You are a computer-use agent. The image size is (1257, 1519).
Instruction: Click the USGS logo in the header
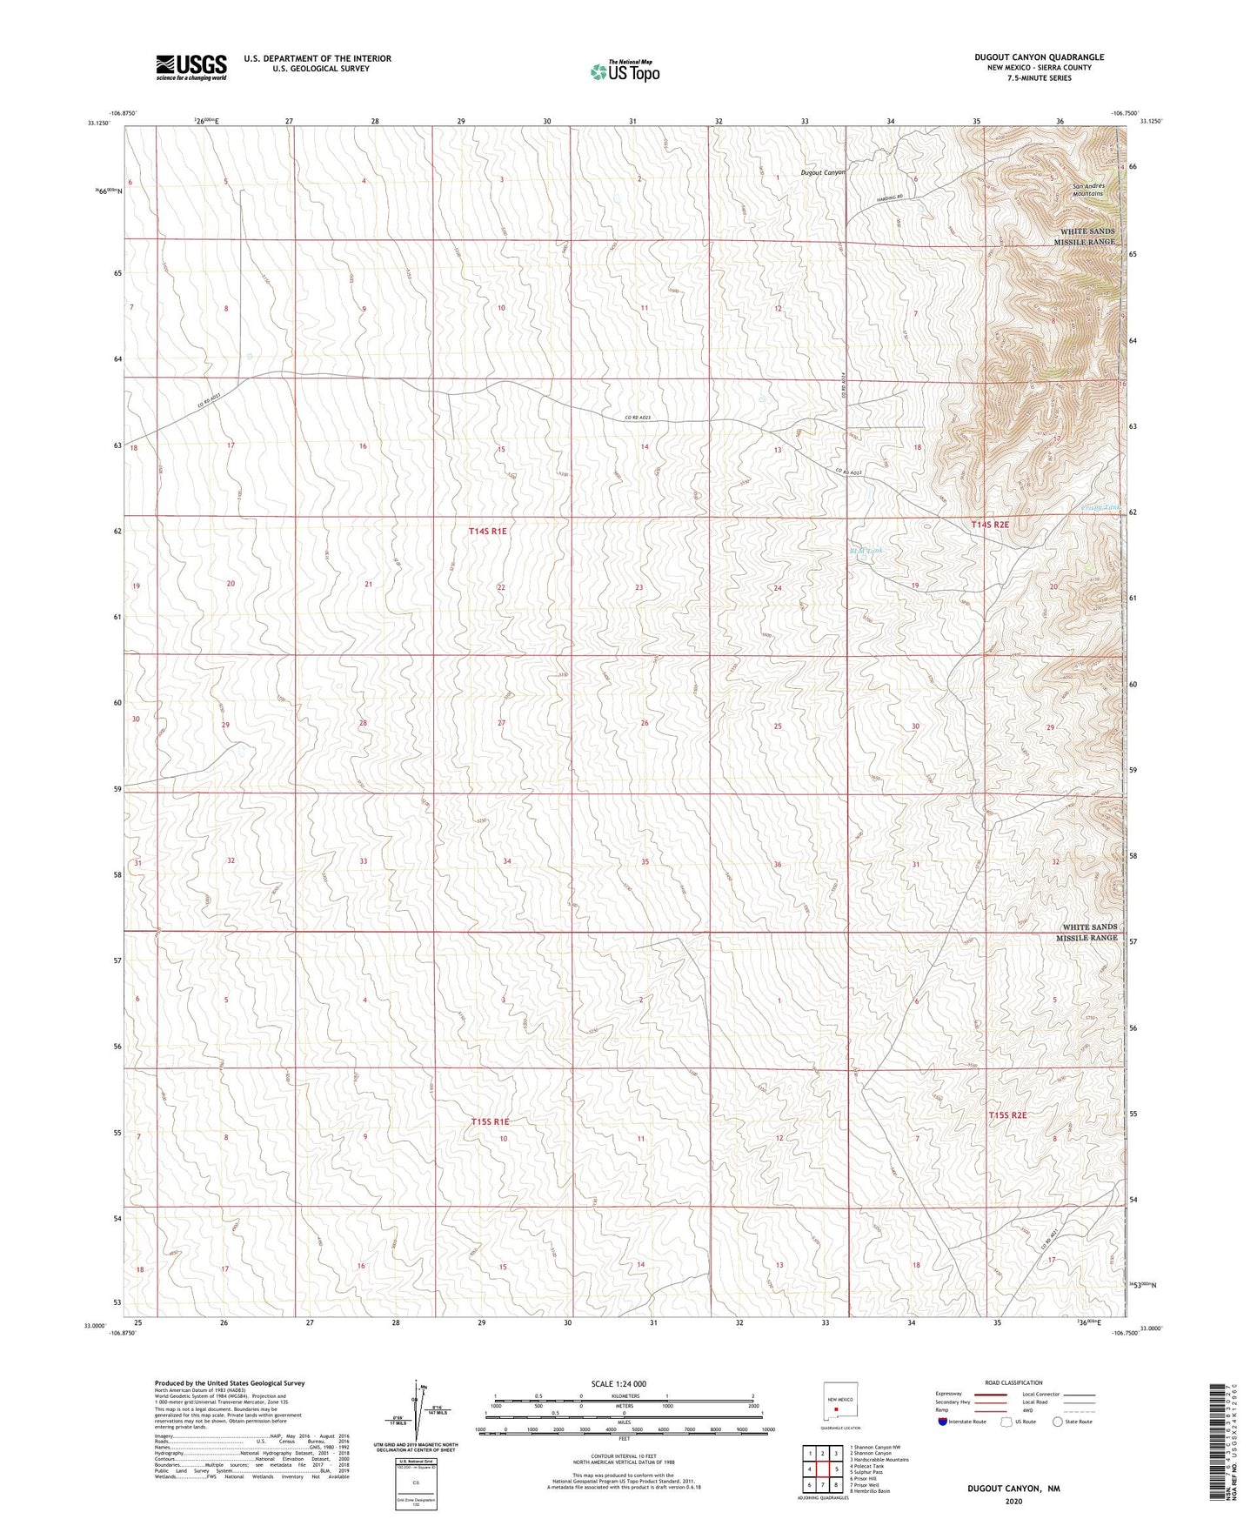tap(191, 67)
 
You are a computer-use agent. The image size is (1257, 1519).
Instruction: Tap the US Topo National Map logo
tap(625, 71)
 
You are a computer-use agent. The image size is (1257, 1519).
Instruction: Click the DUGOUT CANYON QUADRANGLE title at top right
tap(1039, 57)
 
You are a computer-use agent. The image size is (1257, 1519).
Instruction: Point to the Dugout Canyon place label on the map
tap(822, 172)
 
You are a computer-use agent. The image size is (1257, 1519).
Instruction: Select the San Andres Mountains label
tap(1087, 190)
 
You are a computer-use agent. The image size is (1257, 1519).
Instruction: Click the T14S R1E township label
tap(488, 531)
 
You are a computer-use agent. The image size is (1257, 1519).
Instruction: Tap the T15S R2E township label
tap(1007, 1115)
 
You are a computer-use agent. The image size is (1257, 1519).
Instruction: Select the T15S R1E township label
tap(490, 1122)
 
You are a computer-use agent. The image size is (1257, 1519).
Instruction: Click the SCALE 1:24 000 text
tap(618, 1383)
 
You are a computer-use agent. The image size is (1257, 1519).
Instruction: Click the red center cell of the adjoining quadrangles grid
tap(822, 1469)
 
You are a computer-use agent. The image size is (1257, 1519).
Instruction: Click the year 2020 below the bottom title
tap(1013, 1501)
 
